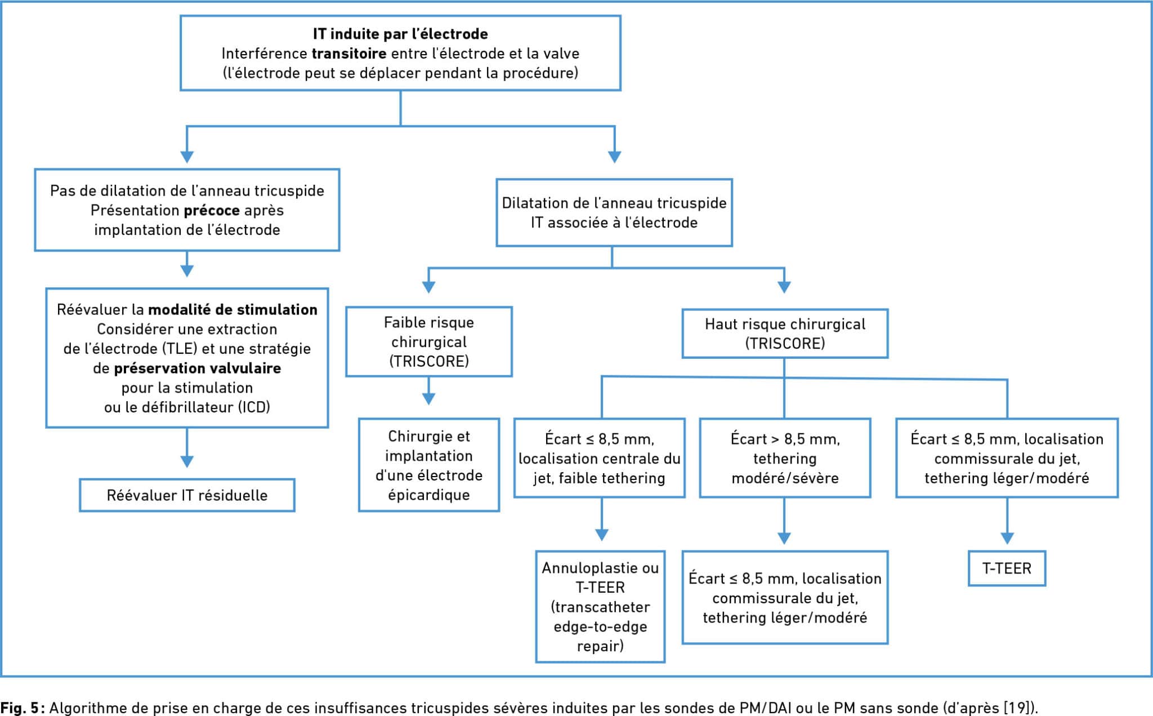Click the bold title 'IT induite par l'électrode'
coord(400,34)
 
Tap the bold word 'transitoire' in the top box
coord(349,54)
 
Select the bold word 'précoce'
coord(212,210)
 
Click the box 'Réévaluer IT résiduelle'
coord(187,495)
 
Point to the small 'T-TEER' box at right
coord(1007,568)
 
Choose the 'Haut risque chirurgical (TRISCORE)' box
coord(785,333)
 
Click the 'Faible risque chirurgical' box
coord(429,341)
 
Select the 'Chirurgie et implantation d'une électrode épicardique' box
coord(429,465)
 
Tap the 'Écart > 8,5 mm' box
coord(785,458)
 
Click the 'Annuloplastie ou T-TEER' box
coord(600,606)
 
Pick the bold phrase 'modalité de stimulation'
coord(233,310)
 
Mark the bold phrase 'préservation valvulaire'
coord(198,368)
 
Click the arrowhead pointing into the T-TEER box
coord(1007,538)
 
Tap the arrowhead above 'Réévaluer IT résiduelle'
coord(187,461)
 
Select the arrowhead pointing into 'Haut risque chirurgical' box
coord(784,287)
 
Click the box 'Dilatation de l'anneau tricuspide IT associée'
coord(614,213)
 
